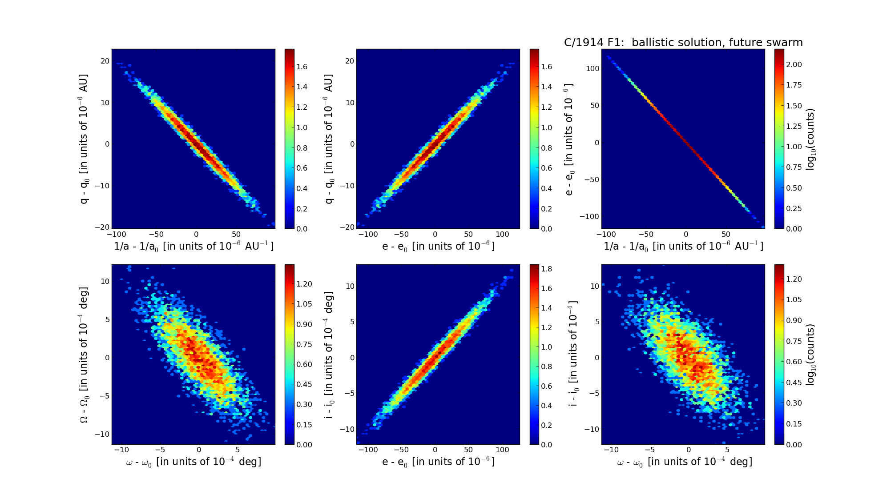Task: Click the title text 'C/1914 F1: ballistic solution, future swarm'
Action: pyautogui.click(x=683, y=43)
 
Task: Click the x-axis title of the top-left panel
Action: pyautogui.click(x=194, y=246)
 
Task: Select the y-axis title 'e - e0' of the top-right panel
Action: pyautogui.click(x=569, y=139)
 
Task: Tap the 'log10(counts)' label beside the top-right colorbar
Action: pyautogui.click(x=810, y=139)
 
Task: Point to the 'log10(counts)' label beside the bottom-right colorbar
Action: pyautogui.click(x=810, y=355)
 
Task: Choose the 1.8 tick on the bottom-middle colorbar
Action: pyautogui.click(x=547, y=269)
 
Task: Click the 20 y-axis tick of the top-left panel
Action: pyautogui.click(x=105, y=61)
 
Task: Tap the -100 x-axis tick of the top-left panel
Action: pyautogui.click(x=116, y=235)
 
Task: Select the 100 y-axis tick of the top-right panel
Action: pyautogui.click(x=593, y=68)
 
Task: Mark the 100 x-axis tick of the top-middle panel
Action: pyautogui.click(x=502, y=235)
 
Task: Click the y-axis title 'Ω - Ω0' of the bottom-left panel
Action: pyautogui.click(x=84, y=355)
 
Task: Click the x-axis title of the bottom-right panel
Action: pyautogui.click(x=685, y=462)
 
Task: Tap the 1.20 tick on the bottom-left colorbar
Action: pyautogui.click(x=304, y=284)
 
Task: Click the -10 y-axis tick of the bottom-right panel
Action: pyautogui.click(x=594, y=429)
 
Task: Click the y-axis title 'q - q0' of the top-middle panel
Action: pyautogui.click(x=329, y=139)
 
